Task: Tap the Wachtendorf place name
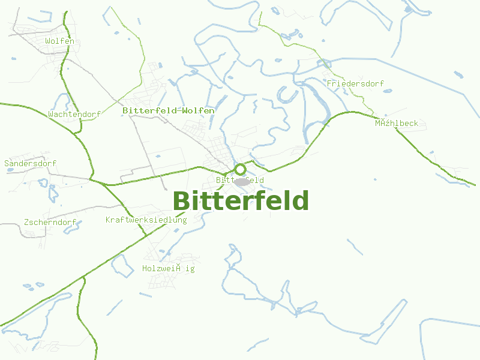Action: coord(74,114)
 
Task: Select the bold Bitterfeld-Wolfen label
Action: coord(168,111)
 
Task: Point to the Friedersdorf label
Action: coord(355,84)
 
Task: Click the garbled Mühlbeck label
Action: coord(396,124)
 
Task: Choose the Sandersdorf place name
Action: coord(30,163)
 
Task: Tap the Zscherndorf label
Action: coord(50,223)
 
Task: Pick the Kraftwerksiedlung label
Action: coord(146,220)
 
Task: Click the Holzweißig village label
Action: coord(168,269)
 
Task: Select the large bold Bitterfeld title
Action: coord(241,200)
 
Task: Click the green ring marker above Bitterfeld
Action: coord(240,169)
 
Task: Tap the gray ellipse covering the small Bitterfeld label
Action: coord(242,181)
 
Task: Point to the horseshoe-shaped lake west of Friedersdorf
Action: coord(287,94)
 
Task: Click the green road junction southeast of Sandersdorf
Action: coord(92,179)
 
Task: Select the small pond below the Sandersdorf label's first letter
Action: coord(9,170)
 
